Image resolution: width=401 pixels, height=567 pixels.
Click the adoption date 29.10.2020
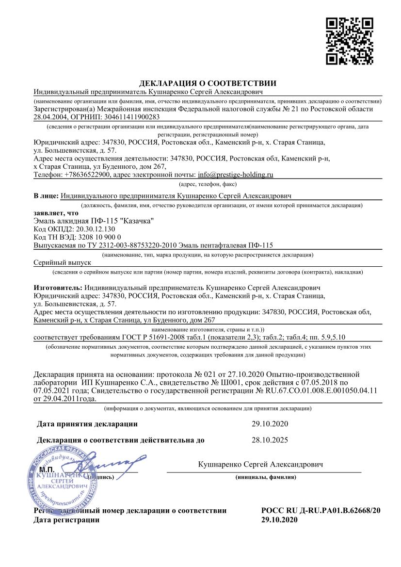[270, 424]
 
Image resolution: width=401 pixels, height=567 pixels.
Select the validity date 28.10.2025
[270, 440]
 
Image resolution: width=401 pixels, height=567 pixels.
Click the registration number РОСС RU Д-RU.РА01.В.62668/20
[321, 511]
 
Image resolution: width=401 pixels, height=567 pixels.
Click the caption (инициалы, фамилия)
[266, 477]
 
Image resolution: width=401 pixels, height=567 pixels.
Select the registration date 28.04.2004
[50, 117]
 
